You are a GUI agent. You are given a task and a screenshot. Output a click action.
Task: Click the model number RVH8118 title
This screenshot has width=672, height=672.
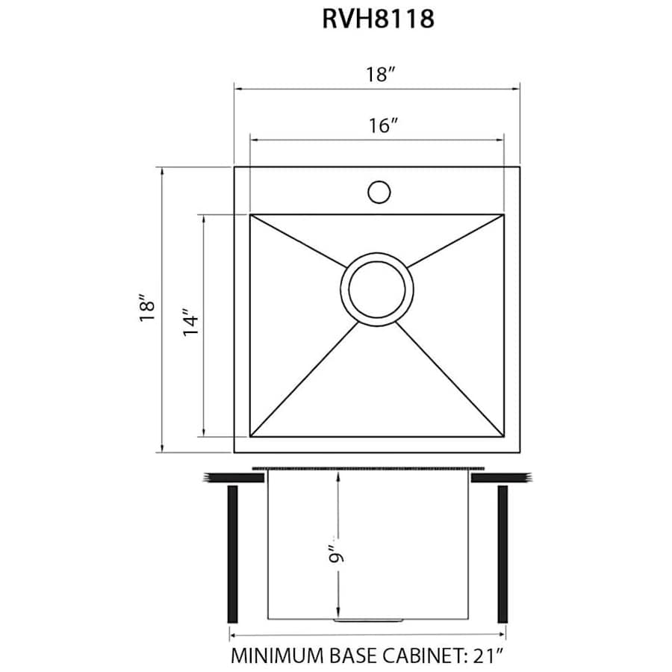(378, 19)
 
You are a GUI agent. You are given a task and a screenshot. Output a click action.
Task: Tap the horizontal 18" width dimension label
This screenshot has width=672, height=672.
(379, 75)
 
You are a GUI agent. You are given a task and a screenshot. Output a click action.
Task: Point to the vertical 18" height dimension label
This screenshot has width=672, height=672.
(147, 309)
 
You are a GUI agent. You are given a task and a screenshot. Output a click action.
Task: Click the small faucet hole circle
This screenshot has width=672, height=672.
(379, 192)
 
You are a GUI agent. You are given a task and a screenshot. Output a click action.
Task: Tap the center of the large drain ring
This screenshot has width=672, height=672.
(377, 287)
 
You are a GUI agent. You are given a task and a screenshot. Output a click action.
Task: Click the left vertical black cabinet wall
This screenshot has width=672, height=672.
(232, 554)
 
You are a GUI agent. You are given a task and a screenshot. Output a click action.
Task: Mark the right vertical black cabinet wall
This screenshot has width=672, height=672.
(503, 554)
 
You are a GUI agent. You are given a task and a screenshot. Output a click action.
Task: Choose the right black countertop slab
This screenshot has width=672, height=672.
(502, 477)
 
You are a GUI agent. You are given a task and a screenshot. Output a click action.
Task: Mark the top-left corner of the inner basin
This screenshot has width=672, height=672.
(251, 215)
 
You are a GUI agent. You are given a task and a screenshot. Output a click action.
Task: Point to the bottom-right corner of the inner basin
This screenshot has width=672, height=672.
(503, 437)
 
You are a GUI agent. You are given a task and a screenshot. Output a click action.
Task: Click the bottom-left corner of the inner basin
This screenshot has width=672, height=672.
(251, 437)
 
